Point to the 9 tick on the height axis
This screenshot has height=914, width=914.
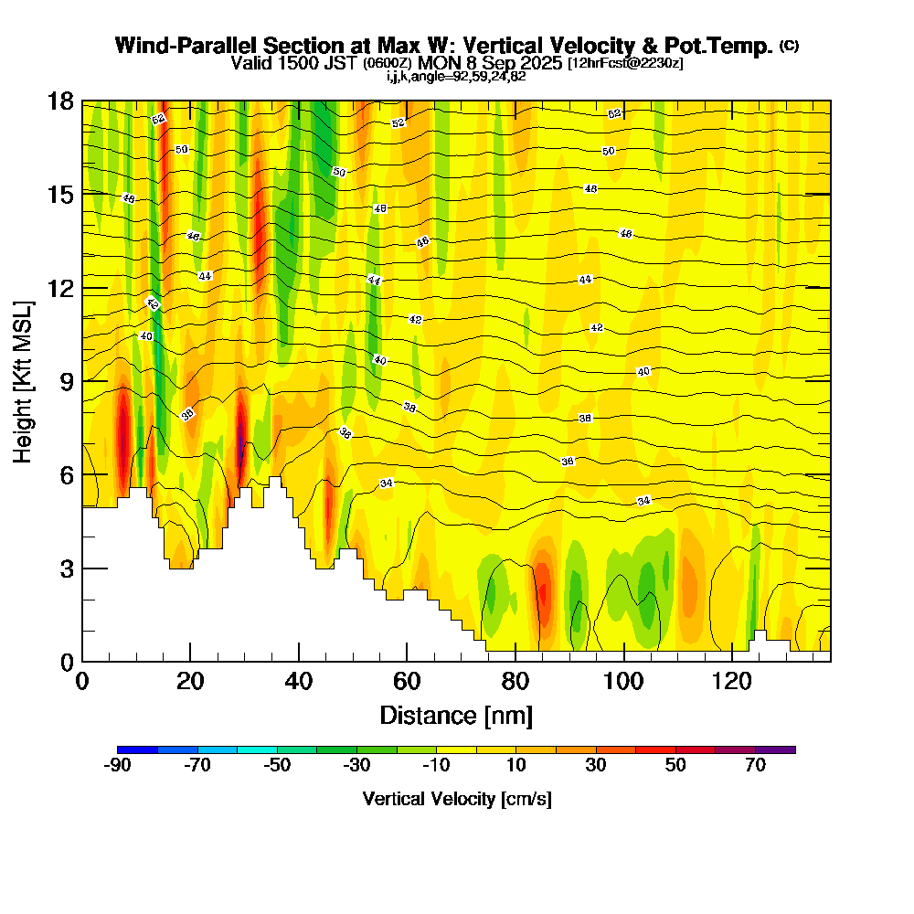coord(83,381)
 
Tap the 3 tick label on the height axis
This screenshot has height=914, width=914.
coord(66,568)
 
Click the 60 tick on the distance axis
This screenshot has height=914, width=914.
coord(407,660)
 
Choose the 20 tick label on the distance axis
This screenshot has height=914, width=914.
coord(190,681)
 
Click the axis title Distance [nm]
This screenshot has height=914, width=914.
coord(455,714)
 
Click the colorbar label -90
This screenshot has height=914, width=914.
coord(118,766)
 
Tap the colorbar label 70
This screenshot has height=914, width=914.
coord(755,766)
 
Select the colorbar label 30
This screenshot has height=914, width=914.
coord(596,766)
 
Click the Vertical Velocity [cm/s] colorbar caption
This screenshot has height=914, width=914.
coord(457,799)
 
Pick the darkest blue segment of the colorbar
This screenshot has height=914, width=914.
coord(138,749)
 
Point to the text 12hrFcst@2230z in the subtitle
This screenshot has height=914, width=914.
coord(625,63)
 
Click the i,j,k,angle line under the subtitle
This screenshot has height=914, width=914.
coord(456,76)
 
